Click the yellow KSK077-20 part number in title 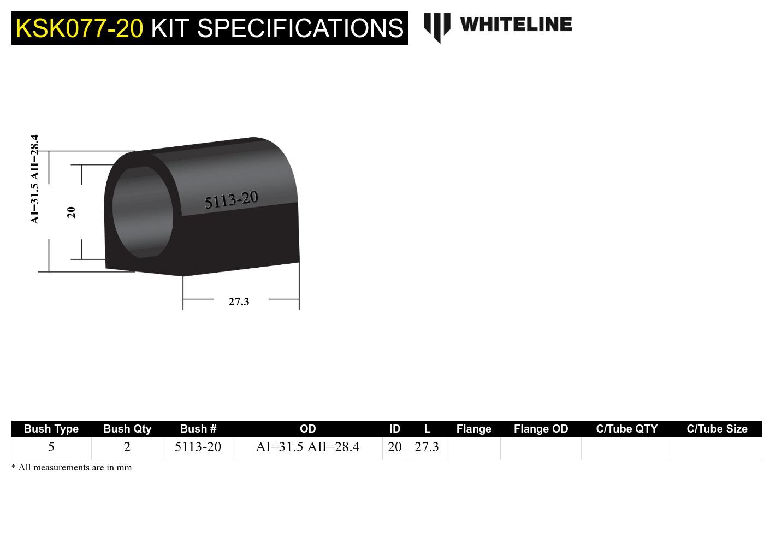(x=79, y=28)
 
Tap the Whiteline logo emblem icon (x=437, y=27)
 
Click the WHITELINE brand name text (x=516, y=25)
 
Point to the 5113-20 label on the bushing (x=231, y=200)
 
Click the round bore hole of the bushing (x=143, y=212)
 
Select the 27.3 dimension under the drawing (x=239, y=302)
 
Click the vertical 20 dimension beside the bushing (x=71, y=212)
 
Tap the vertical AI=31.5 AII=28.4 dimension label (x=35, y=179)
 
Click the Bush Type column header (x=51, y=429)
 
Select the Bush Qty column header (x=127, y=429)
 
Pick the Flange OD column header (x=541, y=429)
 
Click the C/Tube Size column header (x=716, y=429)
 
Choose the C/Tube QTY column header (x=626, y=429)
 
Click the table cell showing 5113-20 (x=198, y=447)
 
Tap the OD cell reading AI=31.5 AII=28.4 (x=307, y=447)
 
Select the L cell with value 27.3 (x=427, y=447)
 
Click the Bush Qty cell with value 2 (x=127, y=447)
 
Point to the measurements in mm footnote (x=72, y=468)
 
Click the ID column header (x=395, y=429)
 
